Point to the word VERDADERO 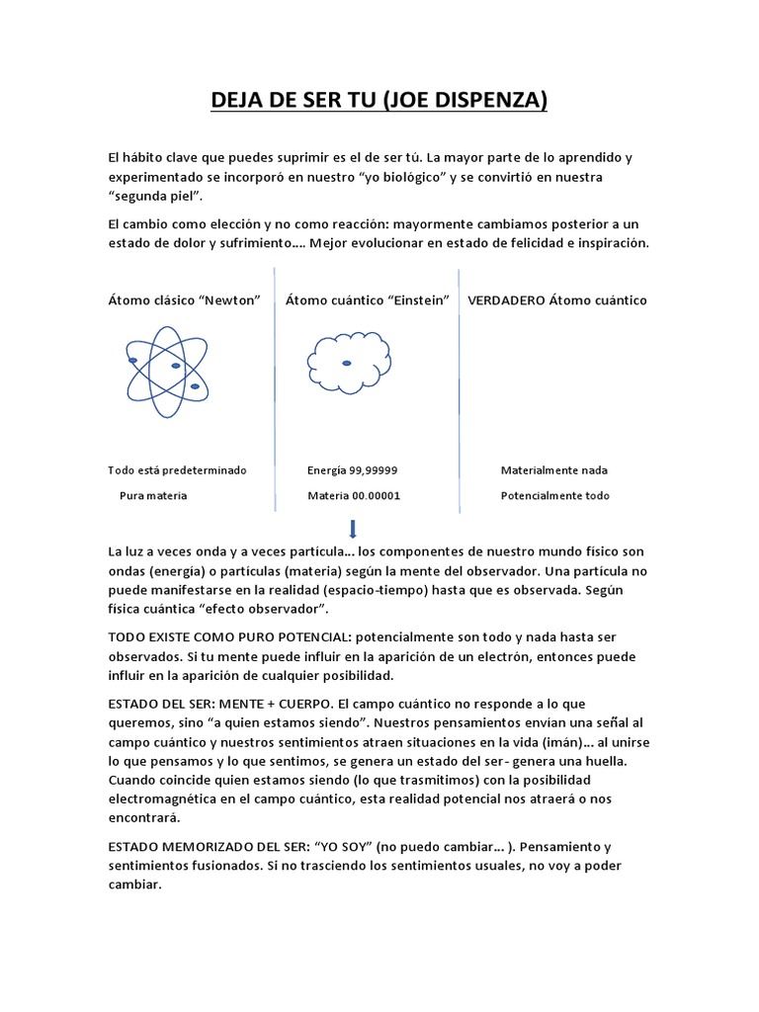[506, 300]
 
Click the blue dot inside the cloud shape [347, 364]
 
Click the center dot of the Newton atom [176, 366]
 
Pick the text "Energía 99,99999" [353, 470]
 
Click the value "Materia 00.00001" [354, 496]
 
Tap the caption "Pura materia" [153, 496]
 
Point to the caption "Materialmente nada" [554, 470]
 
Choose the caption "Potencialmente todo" [555, 496]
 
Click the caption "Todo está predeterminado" [178, 470]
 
